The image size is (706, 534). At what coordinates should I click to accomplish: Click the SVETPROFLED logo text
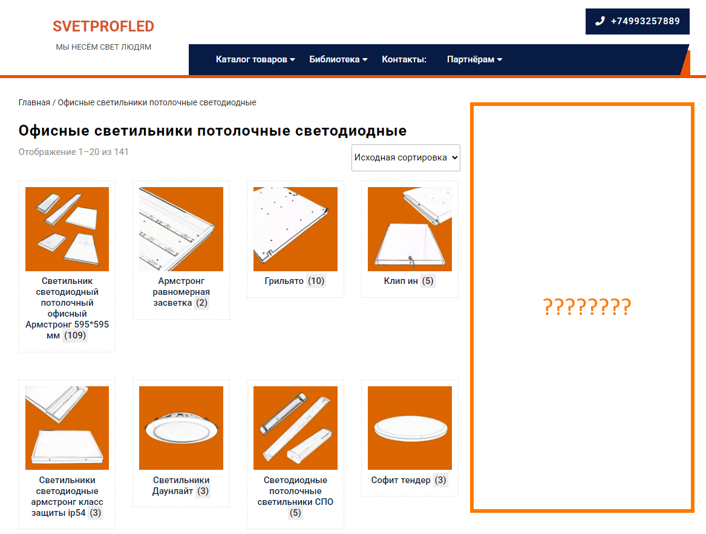click(x=103, y=26)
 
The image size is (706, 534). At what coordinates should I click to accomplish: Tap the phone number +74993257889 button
click(x=637, y=21)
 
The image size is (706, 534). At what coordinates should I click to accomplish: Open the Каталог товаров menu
click(x=255, y=59)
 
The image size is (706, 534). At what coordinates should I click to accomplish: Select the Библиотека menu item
click(x=338, y=59)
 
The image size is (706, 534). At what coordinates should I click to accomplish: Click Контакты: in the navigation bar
click(x=404, y=59)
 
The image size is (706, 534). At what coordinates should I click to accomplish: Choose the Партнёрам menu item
click(x=474, y=59)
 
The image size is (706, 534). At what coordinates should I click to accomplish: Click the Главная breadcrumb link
click(x=34, y=103)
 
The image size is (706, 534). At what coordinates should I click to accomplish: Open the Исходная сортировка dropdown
click(x=406, y=158)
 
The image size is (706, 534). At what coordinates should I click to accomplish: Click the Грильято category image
click(x=295, y=229)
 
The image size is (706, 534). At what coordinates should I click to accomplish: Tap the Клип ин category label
click(x=400, y=281)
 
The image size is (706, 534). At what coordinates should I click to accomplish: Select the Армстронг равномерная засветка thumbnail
click(x=181, y=229)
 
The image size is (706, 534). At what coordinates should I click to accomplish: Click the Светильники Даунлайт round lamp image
click(x=181, y=428)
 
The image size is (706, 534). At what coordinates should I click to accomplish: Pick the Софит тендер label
click(x=400, y=480)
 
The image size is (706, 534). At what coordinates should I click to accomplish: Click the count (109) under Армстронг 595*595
click(x=75, y=336)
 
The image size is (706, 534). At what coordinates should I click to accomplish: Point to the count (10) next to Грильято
click(x=316, y=281)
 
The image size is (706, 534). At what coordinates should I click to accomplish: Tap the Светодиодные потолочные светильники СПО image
click(x=295, y=428)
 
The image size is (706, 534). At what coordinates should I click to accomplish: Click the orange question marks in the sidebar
click(x=587, y=307)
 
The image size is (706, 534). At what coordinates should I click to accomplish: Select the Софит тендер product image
click(x=410, y=428)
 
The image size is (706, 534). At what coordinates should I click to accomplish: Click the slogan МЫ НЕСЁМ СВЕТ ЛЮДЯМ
click(x=103, y=47)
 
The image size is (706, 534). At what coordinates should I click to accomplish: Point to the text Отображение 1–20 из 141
click(x=73, y=153)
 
